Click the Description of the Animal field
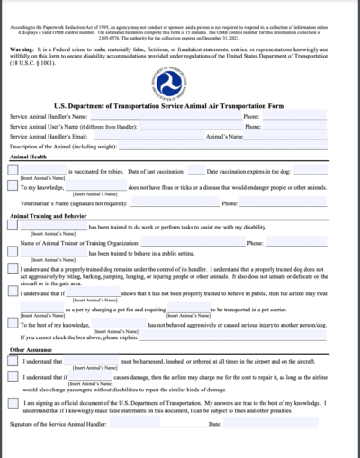tap(225, 147)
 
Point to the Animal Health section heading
tap(28, 157)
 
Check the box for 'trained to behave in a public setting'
tap(13, 253)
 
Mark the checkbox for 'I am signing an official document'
tap(13, 404)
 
